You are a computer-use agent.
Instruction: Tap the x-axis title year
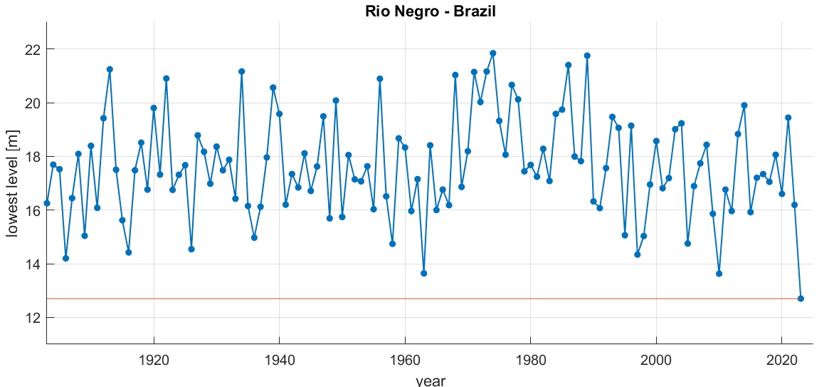coord(430,381)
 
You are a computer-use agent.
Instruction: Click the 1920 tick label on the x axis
coord(154,358)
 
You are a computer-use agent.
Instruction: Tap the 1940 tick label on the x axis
coord(279,358)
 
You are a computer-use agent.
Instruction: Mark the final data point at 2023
coord(801,299)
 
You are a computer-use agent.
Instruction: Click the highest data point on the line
coord(492,53)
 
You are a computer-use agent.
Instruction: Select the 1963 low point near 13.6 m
coord(423,273)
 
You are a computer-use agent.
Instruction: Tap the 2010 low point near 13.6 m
coord(719,274)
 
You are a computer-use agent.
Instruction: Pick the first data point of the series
coord(47,203)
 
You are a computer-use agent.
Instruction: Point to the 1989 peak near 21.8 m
coord(587,56)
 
